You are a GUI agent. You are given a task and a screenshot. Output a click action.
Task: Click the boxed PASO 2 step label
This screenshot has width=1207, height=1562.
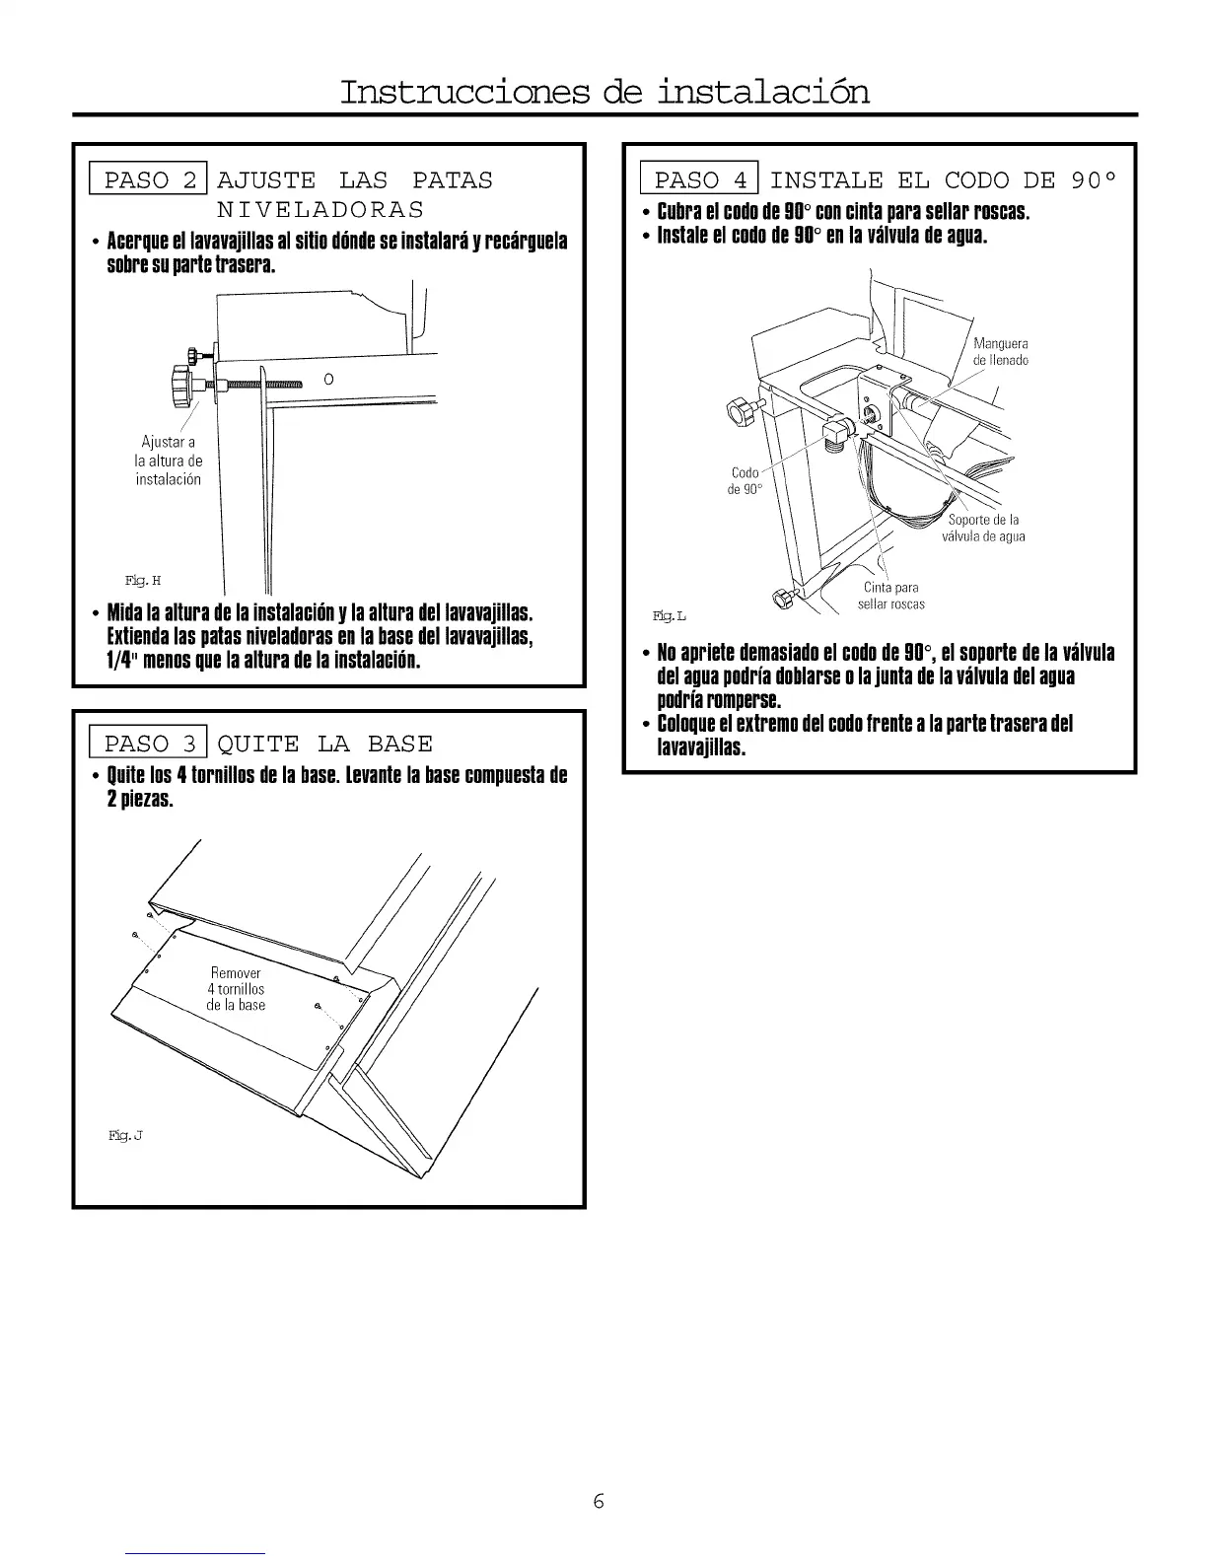tap(148, 180)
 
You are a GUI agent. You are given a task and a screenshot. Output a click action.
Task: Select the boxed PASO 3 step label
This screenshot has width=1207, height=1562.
tap(148, 744)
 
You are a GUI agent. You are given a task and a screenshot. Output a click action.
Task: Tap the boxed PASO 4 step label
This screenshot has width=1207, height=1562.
tap(699, 180)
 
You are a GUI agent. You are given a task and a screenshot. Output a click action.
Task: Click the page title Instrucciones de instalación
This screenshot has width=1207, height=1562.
tap(604, 92)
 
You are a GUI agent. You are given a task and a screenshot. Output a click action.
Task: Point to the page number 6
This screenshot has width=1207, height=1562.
tap(599, 1501)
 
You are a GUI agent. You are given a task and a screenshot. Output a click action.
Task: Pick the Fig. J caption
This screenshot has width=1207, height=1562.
tap(126, 1136)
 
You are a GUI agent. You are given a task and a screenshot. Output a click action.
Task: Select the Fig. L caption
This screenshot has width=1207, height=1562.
tap(669, 616)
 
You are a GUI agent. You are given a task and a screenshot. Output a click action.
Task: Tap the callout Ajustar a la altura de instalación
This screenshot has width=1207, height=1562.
tap(168, 461)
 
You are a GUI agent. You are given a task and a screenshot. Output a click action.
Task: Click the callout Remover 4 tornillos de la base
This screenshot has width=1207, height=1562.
tap(236, 989)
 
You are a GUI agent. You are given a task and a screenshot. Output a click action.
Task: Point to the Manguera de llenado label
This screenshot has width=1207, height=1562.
tap(1000, 352)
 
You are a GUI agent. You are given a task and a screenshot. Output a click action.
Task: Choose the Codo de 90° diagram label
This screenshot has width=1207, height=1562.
tap(745, 481)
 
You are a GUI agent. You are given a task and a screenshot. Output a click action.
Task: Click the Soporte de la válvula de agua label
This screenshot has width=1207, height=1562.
tap(983, 529)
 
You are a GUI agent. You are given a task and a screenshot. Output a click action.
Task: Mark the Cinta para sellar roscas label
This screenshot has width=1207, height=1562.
tap(890, 597)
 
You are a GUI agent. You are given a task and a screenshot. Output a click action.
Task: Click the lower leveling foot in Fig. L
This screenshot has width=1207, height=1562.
tap(784, 598)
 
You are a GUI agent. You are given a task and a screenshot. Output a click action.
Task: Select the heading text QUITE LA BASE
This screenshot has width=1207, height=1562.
tap(325, 744)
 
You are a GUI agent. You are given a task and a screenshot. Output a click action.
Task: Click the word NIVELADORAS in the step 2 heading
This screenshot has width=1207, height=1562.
tap(319, 210)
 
